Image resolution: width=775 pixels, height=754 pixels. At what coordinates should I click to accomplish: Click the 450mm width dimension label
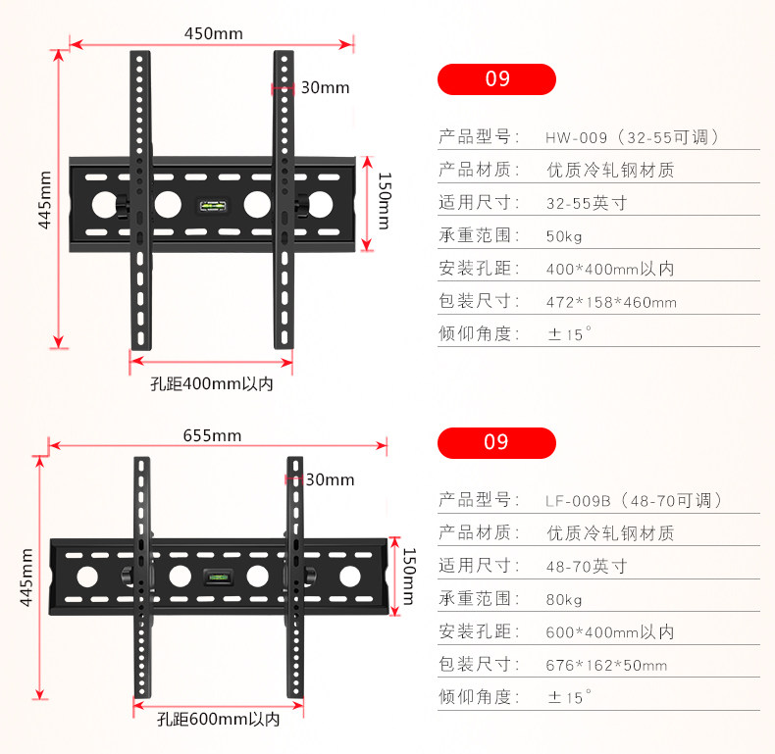point(213,33)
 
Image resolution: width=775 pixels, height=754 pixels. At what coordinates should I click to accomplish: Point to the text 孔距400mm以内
point(212,384)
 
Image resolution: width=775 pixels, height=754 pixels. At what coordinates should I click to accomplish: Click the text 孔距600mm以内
point(218,719)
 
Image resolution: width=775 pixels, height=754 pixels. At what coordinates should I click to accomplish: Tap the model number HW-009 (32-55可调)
point(633,137)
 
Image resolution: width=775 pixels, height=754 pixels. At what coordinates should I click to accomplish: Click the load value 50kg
point(564,236)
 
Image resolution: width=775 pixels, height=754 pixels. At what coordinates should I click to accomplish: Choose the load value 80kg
point(564,599)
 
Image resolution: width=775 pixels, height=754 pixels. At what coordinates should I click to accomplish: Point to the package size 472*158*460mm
point(611,302)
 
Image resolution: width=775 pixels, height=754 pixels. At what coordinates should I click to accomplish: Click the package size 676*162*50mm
point(606,666)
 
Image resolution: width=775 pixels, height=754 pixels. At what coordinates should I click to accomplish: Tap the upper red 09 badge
point(497,79)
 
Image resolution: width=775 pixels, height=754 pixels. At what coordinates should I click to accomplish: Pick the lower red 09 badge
point(497,443)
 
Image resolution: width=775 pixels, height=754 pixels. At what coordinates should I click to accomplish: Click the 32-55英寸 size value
point(586,204)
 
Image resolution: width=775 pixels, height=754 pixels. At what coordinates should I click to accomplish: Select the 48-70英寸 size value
point(586,567)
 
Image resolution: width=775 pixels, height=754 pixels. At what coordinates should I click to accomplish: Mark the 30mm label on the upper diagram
point(325,87)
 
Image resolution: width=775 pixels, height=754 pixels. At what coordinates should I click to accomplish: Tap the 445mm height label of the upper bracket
point(44,199)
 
